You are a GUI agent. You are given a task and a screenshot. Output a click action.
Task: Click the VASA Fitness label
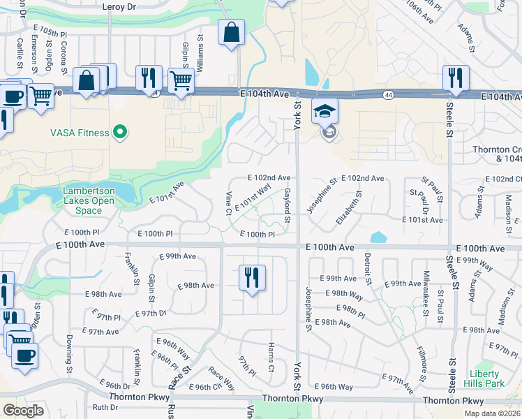tap(79, 133)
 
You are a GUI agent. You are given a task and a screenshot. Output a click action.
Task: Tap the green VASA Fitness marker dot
tap(121, 131)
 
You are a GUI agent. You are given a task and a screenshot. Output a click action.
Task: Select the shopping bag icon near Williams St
tap(231, 33)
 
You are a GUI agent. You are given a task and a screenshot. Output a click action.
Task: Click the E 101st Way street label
tap(253, 196)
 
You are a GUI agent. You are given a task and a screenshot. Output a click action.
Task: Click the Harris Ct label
tap(271, 357)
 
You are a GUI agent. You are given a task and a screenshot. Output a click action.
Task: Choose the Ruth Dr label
tap(106, 407)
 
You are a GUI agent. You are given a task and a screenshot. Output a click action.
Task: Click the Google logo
tap(24, 411)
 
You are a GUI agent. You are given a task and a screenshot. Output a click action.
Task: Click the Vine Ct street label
tap(228, 202)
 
